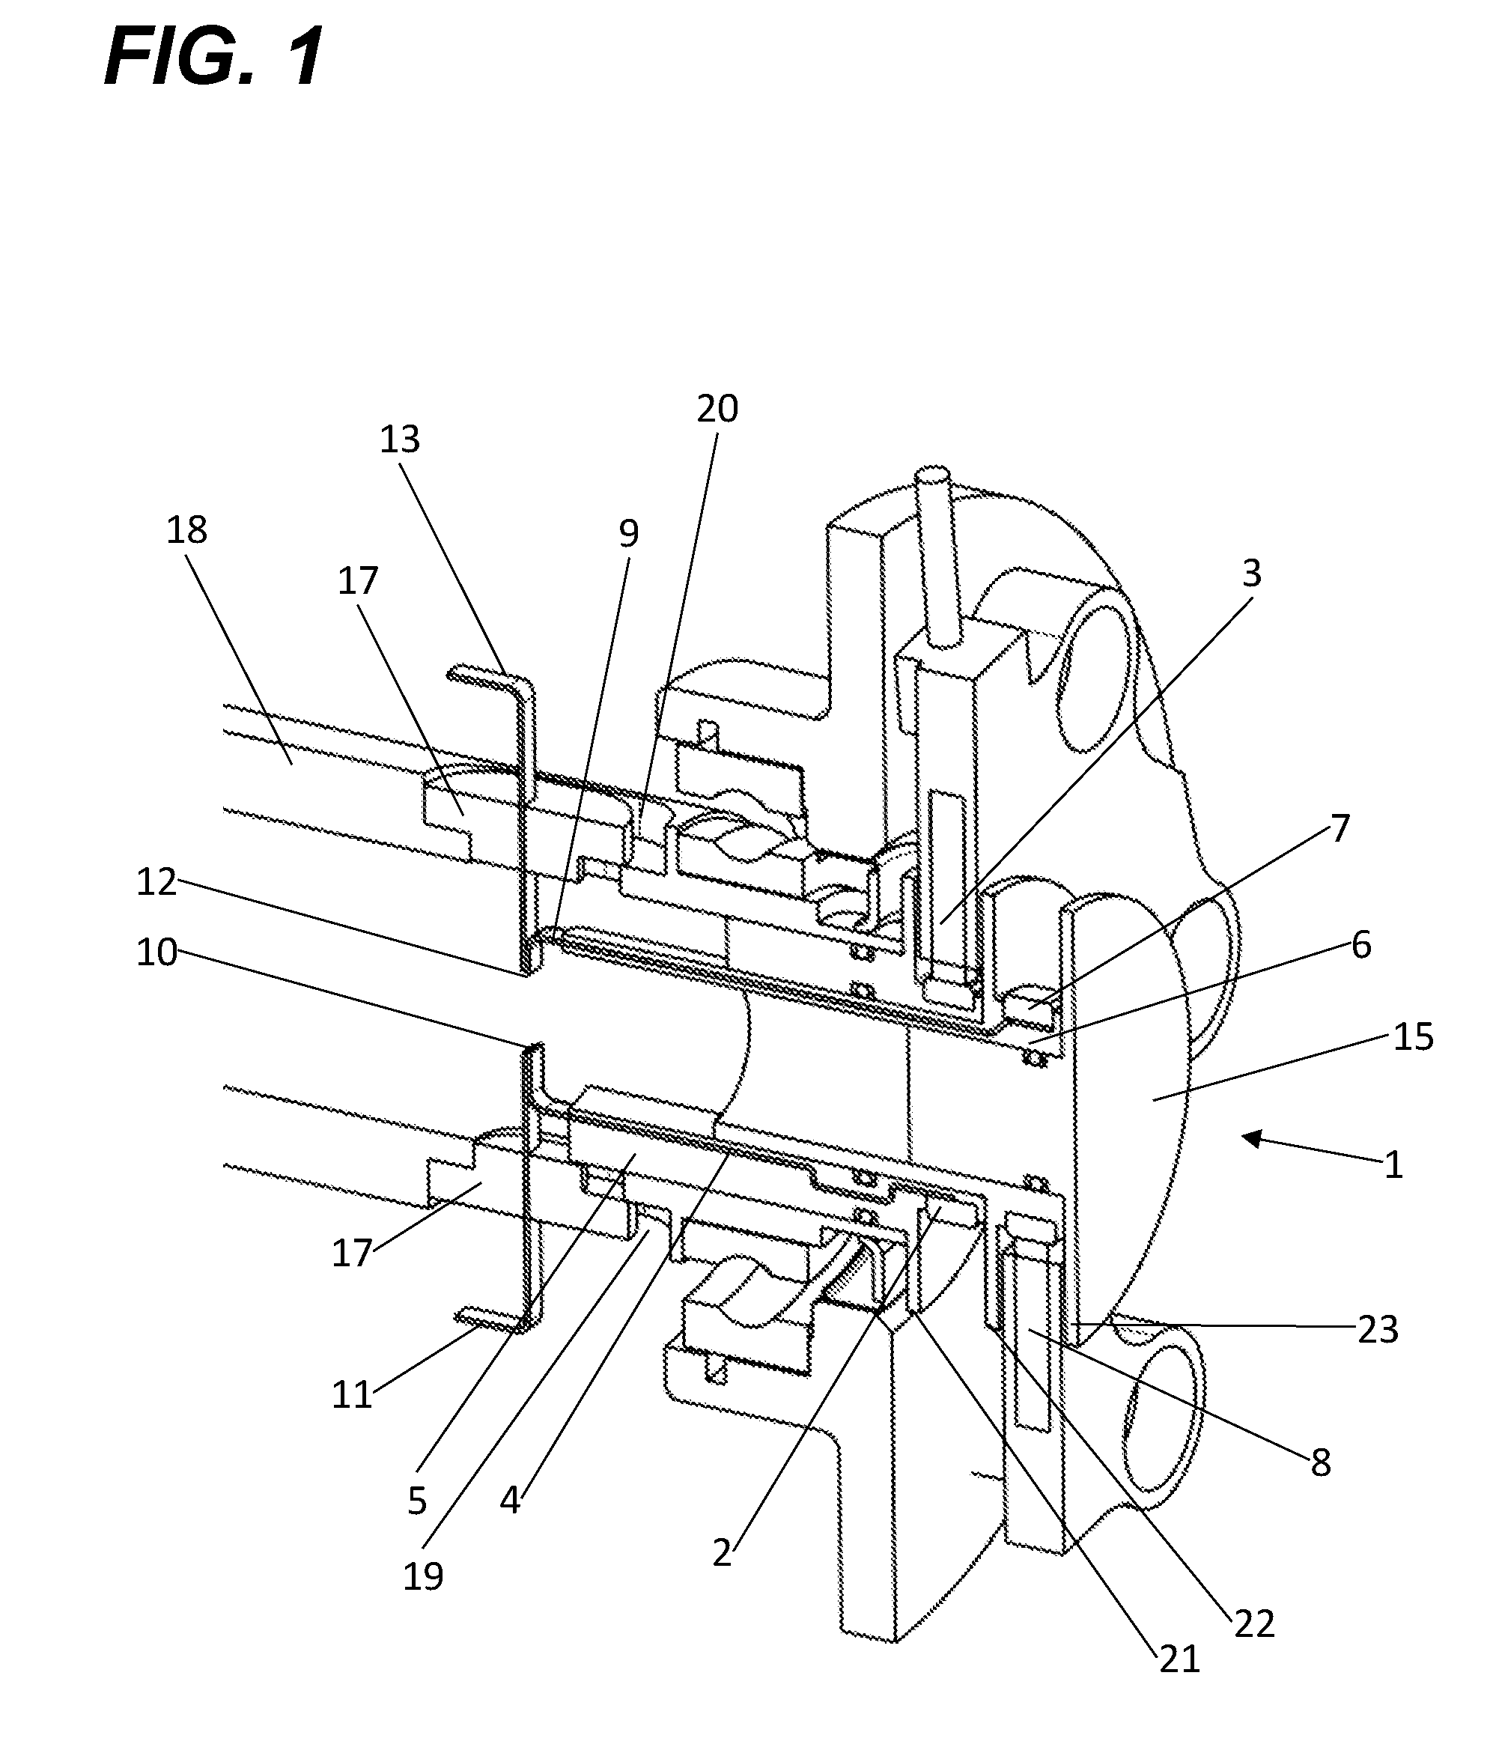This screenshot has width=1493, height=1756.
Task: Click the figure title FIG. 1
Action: coord(213,57)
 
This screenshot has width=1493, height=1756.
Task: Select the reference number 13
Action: coord(400,440)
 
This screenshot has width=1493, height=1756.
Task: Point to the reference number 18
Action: coord(186,531)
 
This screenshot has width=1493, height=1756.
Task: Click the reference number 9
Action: coord(628,533)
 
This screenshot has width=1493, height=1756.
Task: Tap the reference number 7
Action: coord(1340,827)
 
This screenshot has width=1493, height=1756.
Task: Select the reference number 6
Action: coord(1361,944)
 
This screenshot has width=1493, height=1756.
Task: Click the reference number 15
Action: coord(1413,1036)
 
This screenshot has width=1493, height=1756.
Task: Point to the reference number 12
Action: coord(156,883)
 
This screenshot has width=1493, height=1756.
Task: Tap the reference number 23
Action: coord(1378,1329)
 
